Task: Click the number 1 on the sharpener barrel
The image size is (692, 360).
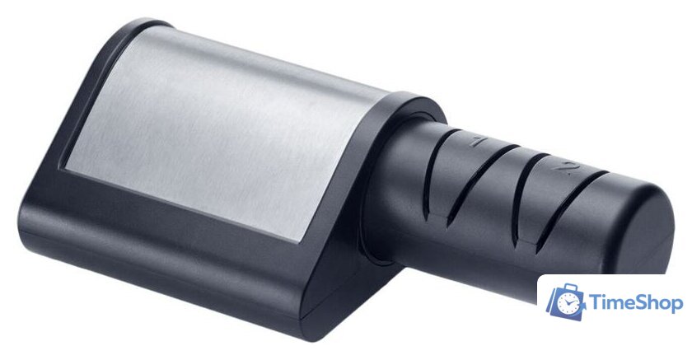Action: (479, 141)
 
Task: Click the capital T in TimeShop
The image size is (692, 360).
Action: (596, 302)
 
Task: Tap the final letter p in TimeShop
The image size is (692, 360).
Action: (677, 306)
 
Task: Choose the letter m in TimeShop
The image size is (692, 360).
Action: (617, 305)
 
